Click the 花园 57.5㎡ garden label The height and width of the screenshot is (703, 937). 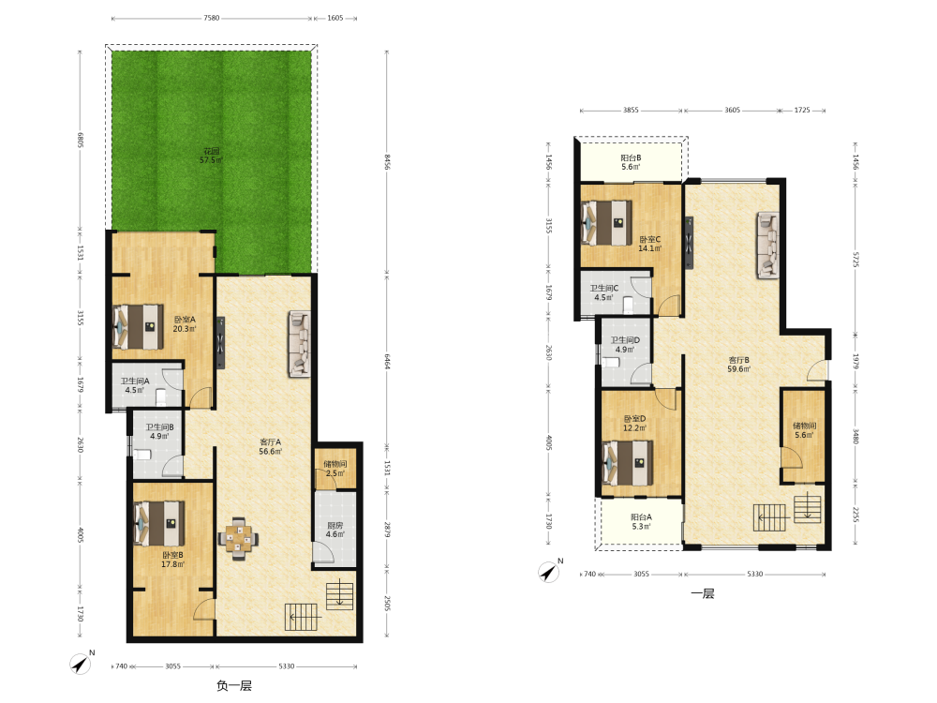(211, 156)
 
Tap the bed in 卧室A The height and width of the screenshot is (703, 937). (138, 326)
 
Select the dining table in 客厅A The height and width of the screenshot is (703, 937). (238, 538)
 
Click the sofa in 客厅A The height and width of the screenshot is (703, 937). (300, 344)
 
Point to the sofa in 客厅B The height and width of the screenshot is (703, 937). (768, 245)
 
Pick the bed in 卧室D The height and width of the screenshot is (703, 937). (628, 463)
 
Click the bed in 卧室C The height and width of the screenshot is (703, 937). (606, 222)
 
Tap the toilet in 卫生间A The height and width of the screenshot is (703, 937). (160, 396)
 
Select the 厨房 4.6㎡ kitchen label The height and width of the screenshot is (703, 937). (335, 530)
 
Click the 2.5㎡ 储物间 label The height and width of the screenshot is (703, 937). (335, 469)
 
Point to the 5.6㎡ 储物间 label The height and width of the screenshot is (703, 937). (804, 430)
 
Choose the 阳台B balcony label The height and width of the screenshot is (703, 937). (631, 162)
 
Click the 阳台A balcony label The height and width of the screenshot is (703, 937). (641, 521)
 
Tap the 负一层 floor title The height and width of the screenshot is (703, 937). (234, 686)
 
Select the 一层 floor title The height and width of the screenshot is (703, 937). (703, 593)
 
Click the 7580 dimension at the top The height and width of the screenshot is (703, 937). (212, 18)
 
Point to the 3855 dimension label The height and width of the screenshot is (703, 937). (631, 110)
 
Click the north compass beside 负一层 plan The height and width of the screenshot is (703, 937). (81, 663)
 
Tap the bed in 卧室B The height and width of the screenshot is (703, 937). (159, 523)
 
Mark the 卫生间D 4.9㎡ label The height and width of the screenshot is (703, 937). (625, 345)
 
